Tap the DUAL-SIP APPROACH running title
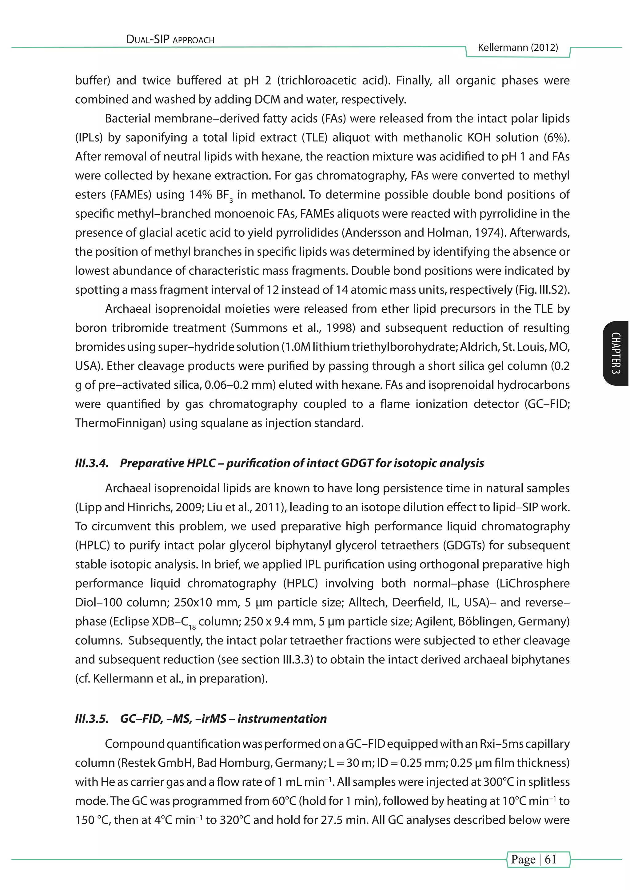pos(170,40)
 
